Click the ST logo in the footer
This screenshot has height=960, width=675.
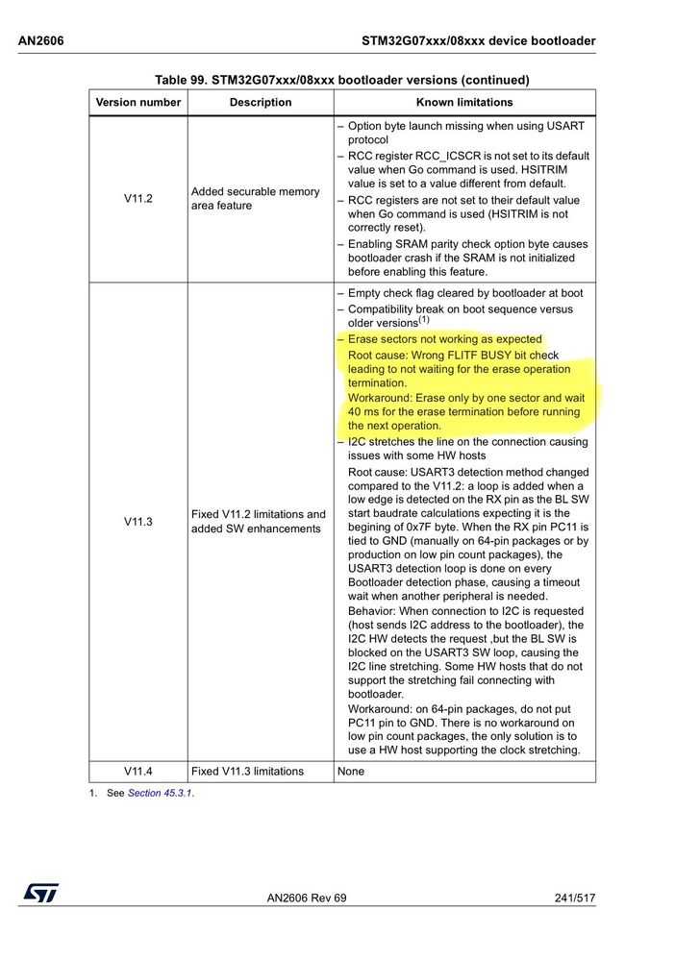(x=41, y=893)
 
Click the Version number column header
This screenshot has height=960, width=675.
(x=138, y=102)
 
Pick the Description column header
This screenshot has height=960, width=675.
(x=261, y=102)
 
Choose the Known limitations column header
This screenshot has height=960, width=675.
(x=464, y=102)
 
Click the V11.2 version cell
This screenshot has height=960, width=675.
(x=138, y=199)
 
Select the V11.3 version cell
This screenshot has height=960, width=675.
(x=138, y=522)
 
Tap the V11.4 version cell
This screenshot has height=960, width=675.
(x=138, y=771)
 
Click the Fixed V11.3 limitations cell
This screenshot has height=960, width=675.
(x=247, y=771)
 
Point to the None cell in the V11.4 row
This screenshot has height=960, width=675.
(x=350, y=771)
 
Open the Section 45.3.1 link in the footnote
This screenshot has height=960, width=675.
(x=160, y=793)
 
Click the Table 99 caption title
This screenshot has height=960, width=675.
(x=341, y=80)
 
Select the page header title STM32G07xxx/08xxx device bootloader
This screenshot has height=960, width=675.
(x=478, y=40)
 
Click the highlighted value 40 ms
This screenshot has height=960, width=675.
(x=363, y=412)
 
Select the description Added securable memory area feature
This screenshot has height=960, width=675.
(x=256, y=199)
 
